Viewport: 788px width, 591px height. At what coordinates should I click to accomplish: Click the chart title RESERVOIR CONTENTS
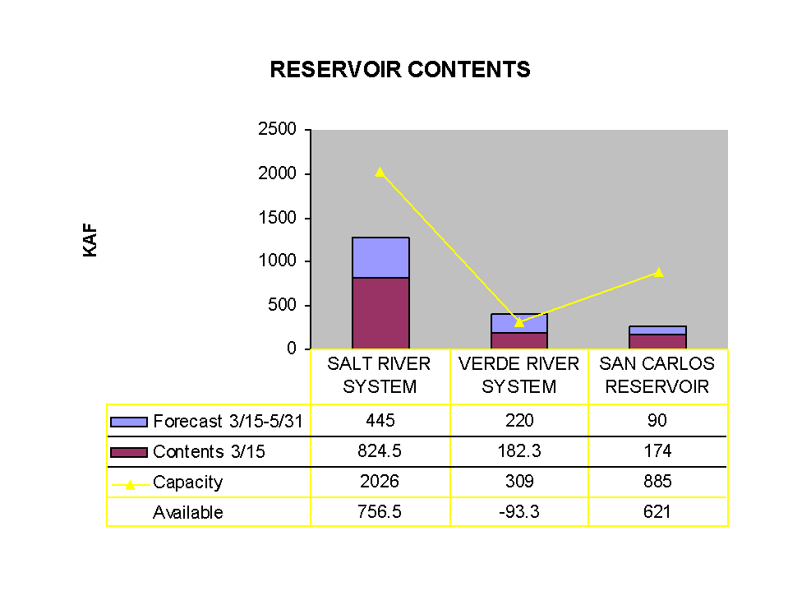[400, 69]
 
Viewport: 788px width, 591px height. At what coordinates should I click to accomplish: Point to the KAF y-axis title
[90, 240]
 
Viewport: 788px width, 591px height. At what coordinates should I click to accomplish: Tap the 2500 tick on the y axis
[278, 129]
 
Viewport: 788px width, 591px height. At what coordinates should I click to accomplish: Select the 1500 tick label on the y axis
[278, 218]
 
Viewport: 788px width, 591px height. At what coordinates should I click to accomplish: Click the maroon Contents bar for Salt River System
[380, 312]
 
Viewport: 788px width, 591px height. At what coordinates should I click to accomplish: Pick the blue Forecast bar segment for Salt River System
[380, 257]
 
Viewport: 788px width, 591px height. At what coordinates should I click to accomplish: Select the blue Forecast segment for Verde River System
[519, 323]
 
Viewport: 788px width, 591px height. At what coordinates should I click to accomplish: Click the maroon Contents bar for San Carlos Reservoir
[657, 341]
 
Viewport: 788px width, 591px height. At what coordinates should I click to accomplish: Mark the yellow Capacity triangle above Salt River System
[380, 172]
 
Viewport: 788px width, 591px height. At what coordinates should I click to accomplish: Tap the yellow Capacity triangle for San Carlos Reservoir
[659, 272]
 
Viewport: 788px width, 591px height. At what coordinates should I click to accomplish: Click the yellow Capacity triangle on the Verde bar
[519, 322]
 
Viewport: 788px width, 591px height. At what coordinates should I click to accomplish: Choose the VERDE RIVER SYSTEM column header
[518, 375]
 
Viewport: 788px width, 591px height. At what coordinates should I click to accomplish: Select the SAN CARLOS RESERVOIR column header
[657, 375]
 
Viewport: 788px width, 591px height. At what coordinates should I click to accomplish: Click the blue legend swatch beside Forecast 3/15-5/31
[129, 422]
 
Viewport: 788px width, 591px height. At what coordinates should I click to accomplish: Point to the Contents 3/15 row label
[209, 451]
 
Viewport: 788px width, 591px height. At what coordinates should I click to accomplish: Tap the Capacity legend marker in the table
[130, 485]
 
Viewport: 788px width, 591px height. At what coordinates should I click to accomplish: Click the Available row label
[188, 512]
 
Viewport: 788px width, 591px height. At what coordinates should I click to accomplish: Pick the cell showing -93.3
[519, 511]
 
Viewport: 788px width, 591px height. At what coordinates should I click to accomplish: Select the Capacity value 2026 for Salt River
[380, 482]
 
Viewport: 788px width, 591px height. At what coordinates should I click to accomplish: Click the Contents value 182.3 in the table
[519, 450]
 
